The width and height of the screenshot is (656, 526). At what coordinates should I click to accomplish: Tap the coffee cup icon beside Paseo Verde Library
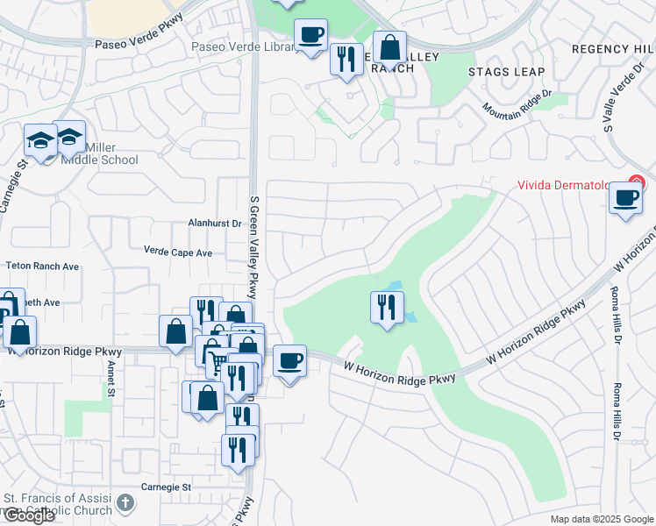pyautogui.click(x=310, y=35)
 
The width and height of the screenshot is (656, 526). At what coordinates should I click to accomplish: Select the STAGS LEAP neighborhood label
pyautogui.click(x=506, y=72)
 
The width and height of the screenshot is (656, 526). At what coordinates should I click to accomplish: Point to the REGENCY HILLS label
pyautogui.click(x=613, y=49)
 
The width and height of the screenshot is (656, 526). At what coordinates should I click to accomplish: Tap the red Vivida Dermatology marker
pyautogui.click(x=636, y=184)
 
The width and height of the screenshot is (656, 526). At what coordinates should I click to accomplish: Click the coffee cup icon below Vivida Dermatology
pyautogui.click(x=625, y=197)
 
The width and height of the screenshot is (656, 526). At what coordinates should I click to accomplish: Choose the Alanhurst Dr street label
pyautogui.click(x=214, y=224)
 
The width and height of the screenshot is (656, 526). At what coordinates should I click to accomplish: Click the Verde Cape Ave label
pyautogui.click(x=178, y=252)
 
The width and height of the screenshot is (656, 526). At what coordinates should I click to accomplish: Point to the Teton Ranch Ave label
pyautogui.click(x=42, y=266)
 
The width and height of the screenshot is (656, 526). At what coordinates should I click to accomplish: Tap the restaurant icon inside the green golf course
pyautogui.click(x=387, y=308)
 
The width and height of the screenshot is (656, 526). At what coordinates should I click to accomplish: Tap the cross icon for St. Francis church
pyautogui.click(x=126, y=503)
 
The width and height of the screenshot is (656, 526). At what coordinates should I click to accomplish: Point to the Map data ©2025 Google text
pyautogui.click(x=602, y=519)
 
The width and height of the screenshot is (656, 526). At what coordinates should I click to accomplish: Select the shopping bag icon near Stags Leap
pyautogui.click(x=389, y=47)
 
